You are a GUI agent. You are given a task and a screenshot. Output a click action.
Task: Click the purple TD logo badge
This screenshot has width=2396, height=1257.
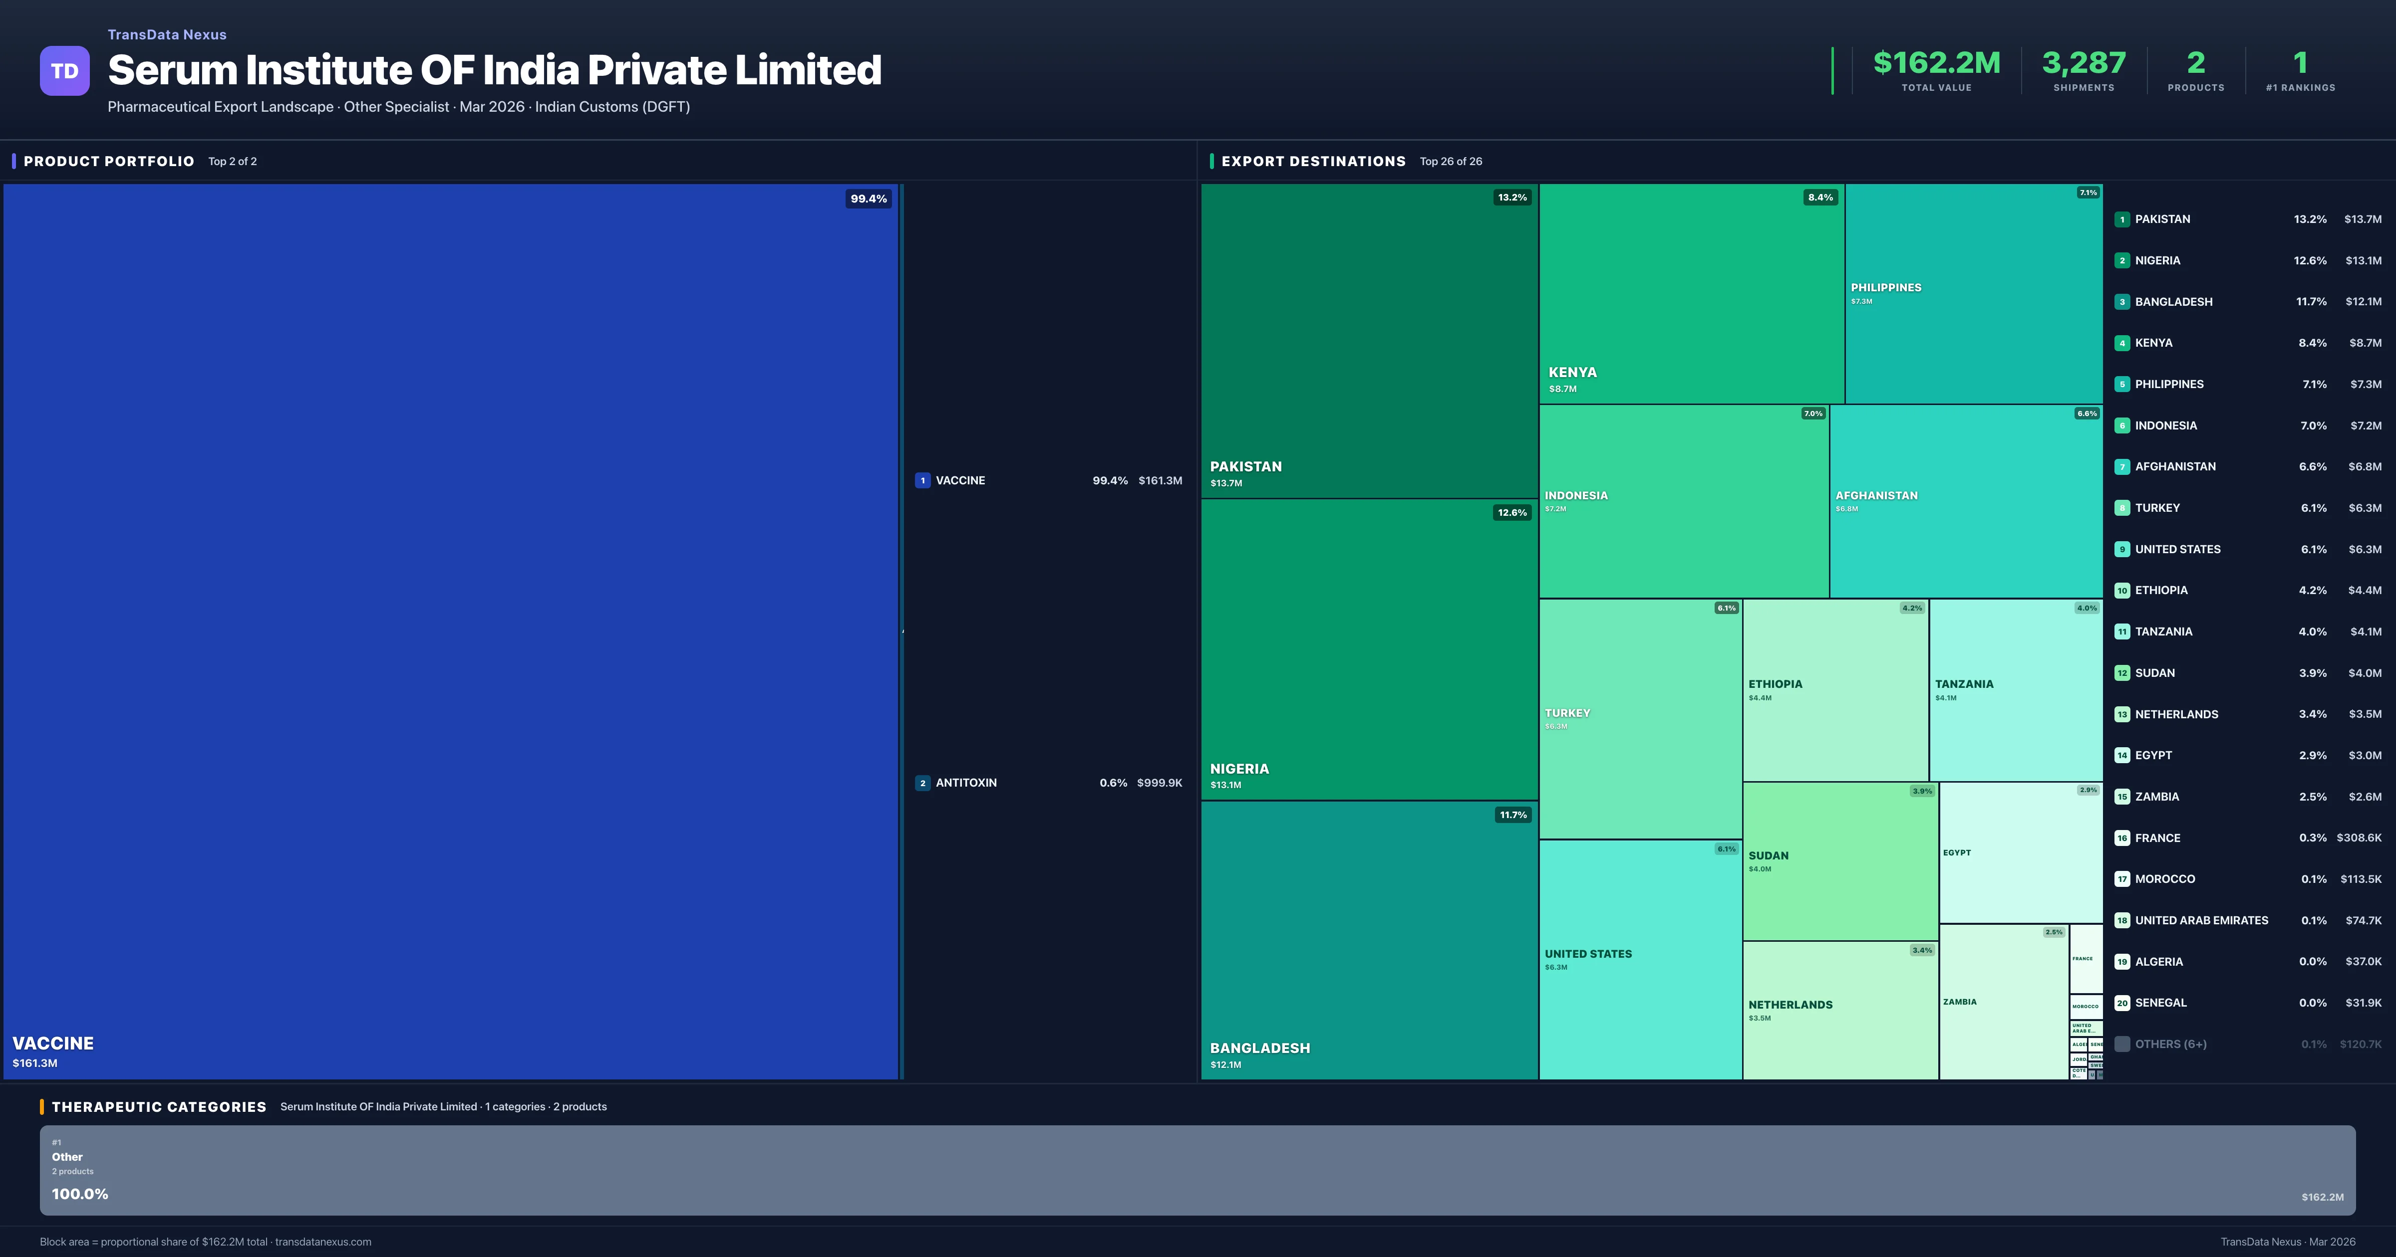(64, 71)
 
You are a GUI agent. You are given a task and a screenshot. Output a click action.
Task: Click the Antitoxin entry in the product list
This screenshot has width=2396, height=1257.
(965, 783)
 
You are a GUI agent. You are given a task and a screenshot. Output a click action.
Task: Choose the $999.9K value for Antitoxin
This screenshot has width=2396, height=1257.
(1159, 783)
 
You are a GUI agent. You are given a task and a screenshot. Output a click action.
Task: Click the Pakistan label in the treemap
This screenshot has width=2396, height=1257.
(1245, 467)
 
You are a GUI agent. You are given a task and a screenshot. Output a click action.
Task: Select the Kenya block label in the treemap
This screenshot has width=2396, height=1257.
(1572, 373)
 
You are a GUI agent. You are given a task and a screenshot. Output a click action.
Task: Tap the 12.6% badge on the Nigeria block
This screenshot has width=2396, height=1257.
(1511, 512)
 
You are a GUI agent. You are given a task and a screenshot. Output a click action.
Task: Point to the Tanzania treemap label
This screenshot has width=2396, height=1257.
(1964, 684)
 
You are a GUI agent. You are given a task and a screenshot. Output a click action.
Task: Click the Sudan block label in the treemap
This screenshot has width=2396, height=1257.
(1768, 855)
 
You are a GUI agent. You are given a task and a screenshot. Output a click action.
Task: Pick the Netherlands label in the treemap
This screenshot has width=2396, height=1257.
(1790, 1005)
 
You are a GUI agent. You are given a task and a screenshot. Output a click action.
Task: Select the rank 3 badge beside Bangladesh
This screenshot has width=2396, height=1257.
(2121, 302)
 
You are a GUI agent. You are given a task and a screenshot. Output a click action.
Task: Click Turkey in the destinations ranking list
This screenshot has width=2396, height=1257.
(2157, 508)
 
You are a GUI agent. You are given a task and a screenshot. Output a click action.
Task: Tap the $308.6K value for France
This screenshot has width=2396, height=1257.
(2358, 838)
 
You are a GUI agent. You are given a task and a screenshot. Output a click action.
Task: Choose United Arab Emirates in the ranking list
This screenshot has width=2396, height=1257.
(2201, 920)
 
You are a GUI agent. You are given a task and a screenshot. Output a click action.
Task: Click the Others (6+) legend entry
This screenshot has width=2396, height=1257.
(2170, 1044)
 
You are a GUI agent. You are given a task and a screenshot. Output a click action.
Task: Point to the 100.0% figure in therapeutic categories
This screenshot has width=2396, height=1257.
(80, 1194)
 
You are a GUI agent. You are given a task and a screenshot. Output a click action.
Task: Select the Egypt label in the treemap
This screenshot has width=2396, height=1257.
(1956, 852)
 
